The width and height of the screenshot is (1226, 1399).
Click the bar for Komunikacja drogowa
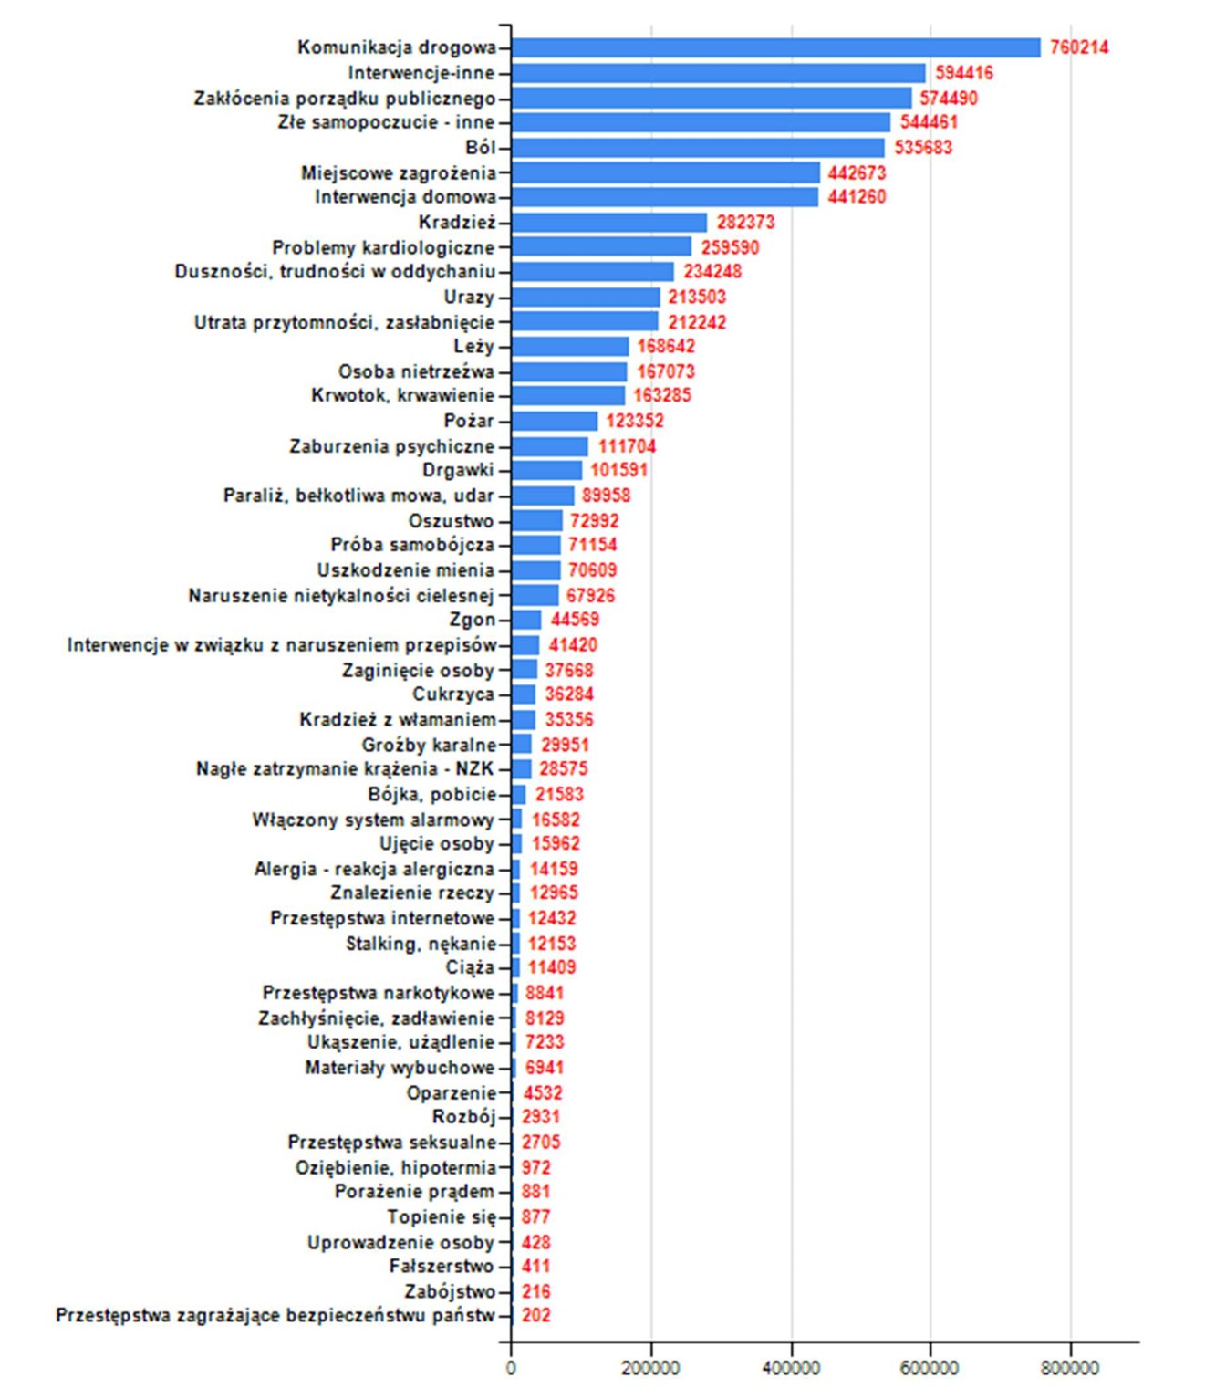[775, 47]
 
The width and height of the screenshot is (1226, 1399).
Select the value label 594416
[963, 73]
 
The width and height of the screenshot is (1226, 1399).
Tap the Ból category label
[480, 148]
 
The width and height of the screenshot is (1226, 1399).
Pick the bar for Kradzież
[609, 223]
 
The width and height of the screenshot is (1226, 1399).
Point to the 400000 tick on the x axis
[790, 1367]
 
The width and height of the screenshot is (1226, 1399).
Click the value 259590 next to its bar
[729, 247]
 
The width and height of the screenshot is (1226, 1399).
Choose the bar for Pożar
[555, 421]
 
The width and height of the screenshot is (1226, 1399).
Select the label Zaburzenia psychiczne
[391, 446]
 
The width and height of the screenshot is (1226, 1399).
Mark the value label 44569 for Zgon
[574, 620]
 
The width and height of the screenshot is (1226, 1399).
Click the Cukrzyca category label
[452, 694]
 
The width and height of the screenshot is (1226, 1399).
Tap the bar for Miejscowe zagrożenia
[666, 172]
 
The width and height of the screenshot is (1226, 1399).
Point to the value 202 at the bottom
[535, 1315]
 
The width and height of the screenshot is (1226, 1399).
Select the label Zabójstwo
[449, 1291]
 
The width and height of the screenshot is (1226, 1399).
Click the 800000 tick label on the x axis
[1070, 1367]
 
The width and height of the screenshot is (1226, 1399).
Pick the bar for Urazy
[586, 298]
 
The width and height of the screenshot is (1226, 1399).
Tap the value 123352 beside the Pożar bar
[634, 421]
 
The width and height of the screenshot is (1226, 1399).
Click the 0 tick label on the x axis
[511, 1367]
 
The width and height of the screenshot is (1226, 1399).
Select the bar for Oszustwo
[537, 521]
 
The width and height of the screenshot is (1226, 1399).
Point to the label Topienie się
[441, 1216]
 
